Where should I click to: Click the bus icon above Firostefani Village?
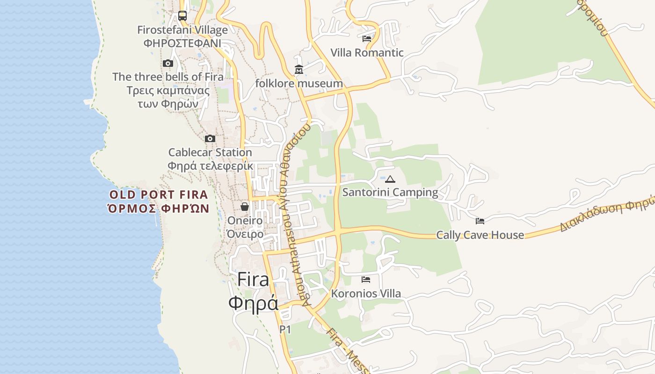click(x=182, y=16)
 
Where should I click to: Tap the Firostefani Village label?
click(x=182, y=30)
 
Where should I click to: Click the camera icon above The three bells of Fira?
click(x=168, y=63)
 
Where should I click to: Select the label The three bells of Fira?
click(x=168, y=77)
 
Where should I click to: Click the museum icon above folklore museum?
click(x=299, y=70)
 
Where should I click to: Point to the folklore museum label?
click(x=299, y=84)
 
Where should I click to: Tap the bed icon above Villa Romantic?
click(x=367, y=39)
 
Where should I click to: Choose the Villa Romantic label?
click(x=367, y=52)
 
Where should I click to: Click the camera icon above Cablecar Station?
click(x=210, y=138)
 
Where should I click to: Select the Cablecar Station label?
click(x=210, y=152)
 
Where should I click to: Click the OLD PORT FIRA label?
click(x=159, y=195)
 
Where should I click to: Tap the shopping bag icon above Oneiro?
click(x=245, y=207)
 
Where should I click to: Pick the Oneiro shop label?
click(x=245, y=220)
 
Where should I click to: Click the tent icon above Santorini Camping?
click(x=390, y=179)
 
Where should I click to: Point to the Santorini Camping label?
click(x=390, y=192)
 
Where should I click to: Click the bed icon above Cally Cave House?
click(x=480, y=221)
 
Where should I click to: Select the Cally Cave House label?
click(x=480, y=235)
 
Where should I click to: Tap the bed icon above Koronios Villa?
click(x=366, y=280)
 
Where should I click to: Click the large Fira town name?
click(x=253, y=280)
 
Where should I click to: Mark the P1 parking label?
click(x=285, y=330)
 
